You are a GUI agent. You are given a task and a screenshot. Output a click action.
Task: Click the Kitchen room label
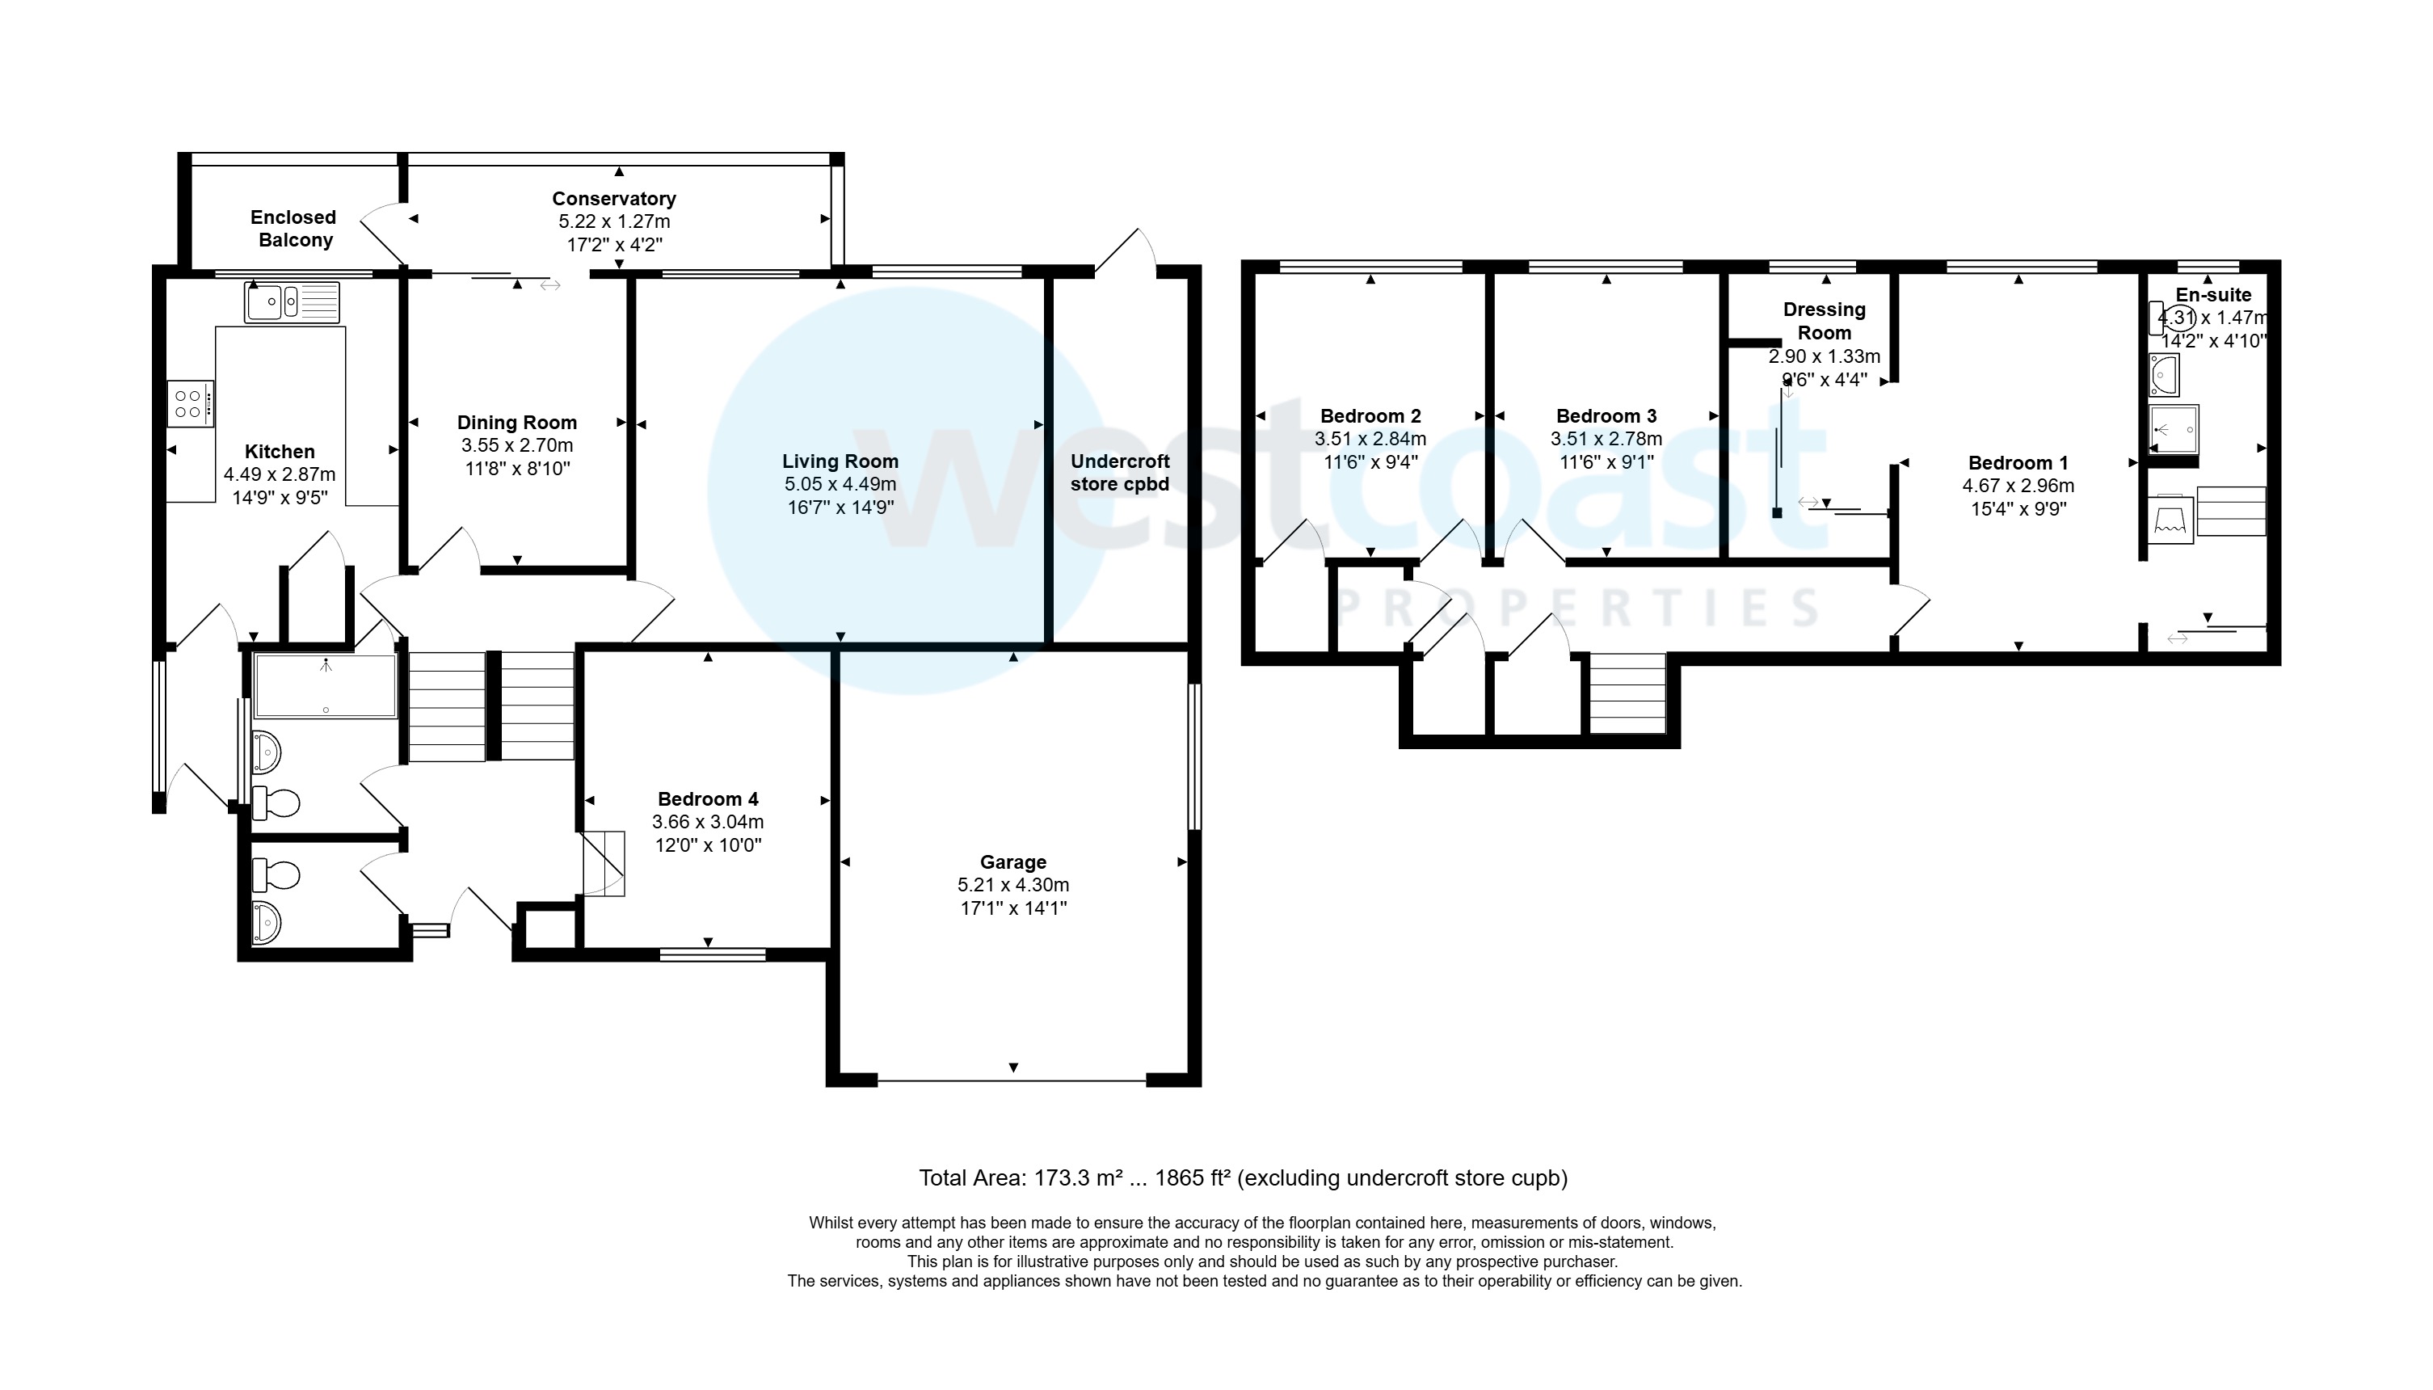(279, 452)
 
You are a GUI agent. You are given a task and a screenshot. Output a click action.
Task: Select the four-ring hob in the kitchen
(190, 403)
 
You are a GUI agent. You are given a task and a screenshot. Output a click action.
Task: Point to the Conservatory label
(614, 199)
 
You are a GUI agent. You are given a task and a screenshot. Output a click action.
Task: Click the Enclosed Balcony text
(294, 228)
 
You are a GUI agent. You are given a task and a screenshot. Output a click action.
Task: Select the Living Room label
(840, 461)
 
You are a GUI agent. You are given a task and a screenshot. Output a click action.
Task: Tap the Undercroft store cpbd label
(1120, 473)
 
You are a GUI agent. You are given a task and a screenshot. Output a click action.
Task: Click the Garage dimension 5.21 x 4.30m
(1012, 885)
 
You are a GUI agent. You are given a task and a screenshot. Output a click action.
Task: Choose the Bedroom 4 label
(707, 799)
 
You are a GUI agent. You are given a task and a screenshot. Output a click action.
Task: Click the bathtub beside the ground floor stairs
(326, 685)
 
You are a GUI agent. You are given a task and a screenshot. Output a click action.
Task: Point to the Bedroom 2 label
(1370, 415)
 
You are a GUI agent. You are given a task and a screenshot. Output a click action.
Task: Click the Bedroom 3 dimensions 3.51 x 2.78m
(1606, 439)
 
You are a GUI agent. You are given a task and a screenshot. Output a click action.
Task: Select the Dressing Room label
(1824, 321)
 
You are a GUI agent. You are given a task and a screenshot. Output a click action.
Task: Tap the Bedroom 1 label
(2017, 463)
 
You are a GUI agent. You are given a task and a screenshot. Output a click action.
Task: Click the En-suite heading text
(2212, 295)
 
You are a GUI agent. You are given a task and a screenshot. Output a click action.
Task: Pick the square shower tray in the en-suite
(2174, 430)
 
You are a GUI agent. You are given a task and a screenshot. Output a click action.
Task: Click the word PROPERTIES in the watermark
(1576, 608)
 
